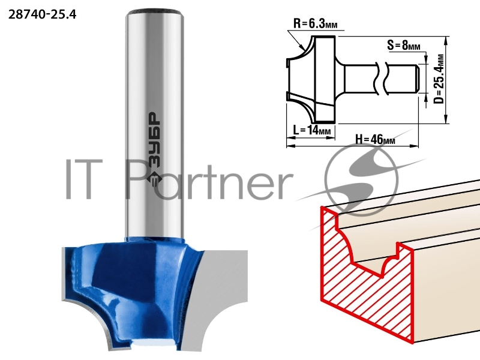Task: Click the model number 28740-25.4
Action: pyautogui.click(x=42, y=14)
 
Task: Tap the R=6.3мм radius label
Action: pyautogui.click(x=316, y=23)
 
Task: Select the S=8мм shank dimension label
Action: pyautogui.click(x=403, y=46)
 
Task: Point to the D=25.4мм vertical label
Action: pyautogui.click(x=439, y=79)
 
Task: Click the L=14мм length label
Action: pyautogui.click(x=312, y=130)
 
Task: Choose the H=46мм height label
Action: pyautogui.click(x=375, y=139)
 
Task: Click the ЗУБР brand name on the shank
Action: pyautogui.click(x=155, y=140)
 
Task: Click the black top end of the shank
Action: pyautogui.click(x=155, y=13)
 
